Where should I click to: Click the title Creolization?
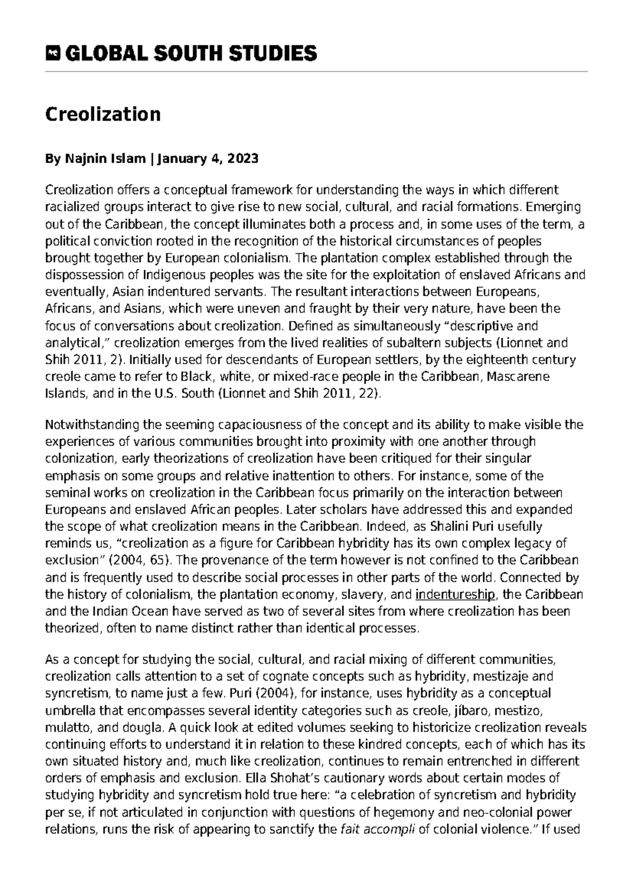tap(102, 114)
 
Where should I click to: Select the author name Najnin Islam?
tap(105, 159)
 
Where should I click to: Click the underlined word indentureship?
tap(455, 595)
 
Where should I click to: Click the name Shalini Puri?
tap(463, 527)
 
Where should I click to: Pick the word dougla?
tap(139, 727)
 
